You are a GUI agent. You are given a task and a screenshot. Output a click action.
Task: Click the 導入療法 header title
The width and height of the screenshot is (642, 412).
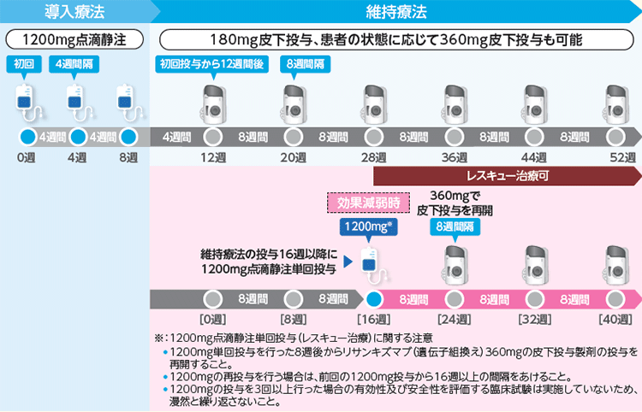pyautogui.click(x=74, y=11)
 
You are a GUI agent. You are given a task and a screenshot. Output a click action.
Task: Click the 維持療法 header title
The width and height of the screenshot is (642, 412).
pyautogui.click(x=396, y=11)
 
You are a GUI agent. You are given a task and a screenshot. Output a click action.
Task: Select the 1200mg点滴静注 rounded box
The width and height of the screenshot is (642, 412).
pyautogui.click(x=74, y=39)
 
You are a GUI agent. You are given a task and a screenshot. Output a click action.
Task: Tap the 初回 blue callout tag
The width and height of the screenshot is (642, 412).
pyautogui.click(x=24, y=64)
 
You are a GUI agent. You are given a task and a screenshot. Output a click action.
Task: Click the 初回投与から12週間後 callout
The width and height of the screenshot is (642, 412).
pyautogui.click(x=211, y=64)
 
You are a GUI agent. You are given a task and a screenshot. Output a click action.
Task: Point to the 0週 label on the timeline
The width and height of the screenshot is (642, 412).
pyautogui.click(x=27, y=157)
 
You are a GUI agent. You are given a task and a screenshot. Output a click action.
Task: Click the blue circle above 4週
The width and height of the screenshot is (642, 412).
pyautogui.click(x=78, y=137)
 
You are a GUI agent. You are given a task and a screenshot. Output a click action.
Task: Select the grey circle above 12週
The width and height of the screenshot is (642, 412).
pyautogui.click(x=213, y=137)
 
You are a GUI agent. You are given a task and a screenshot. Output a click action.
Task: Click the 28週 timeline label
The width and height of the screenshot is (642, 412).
pyautogui.click(x=374, y=157)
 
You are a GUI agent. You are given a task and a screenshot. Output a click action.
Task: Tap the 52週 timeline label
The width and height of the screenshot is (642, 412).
pyautogui.click(x=623, y=157)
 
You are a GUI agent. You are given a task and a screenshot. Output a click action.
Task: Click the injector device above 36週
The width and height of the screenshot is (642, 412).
pyautogui.click(x=454, y=104)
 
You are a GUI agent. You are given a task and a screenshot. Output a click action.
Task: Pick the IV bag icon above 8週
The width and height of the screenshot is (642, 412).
pyautogui.click(x=128, y=103)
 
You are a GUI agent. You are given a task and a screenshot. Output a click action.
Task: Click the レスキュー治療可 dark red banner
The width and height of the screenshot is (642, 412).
pyautogui.click(x=508, y=176)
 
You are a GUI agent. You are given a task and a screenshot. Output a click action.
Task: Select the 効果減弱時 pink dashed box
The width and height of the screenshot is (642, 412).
pyautogui.click(x=368, y=203)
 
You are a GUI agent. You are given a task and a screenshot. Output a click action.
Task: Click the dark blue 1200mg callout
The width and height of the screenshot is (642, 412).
pyautogui.click(x=368, y=227)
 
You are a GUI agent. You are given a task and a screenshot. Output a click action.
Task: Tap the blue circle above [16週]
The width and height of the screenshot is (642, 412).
pyautogui.click(x=374, y=299)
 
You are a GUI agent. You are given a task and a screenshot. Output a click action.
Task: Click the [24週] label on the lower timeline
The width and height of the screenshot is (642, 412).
pyautogui.click(x=454, y=319)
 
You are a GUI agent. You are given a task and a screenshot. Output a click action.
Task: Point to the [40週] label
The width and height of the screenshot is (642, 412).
pyautogui.click(x=615, y=319)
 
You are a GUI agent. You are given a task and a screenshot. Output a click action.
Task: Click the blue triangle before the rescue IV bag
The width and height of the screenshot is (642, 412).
pyautogui.click(x=348, y=262)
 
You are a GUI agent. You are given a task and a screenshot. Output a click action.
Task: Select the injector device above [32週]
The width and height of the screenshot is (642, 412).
pyautogui.click(x=535, y=266)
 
